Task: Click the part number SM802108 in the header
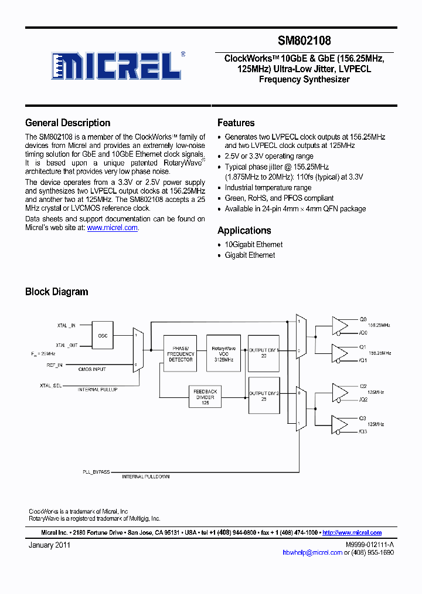point(304,41)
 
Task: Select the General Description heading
point(67,123)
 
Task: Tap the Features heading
point(236,123)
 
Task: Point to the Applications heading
point(244,231)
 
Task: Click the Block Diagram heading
point(56,292)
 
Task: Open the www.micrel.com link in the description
point(113,228)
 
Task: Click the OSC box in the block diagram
point(103,336)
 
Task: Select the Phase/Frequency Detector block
point(181,353)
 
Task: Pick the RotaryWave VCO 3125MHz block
point(223,353)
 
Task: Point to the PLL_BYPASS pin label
point(96,471)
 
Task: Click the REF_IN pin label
point(55,365)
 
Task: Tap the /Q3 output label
point(363,431)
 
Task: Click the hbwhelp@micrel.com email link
point(312,552)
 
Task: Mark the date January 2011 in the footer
point(50,545)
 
